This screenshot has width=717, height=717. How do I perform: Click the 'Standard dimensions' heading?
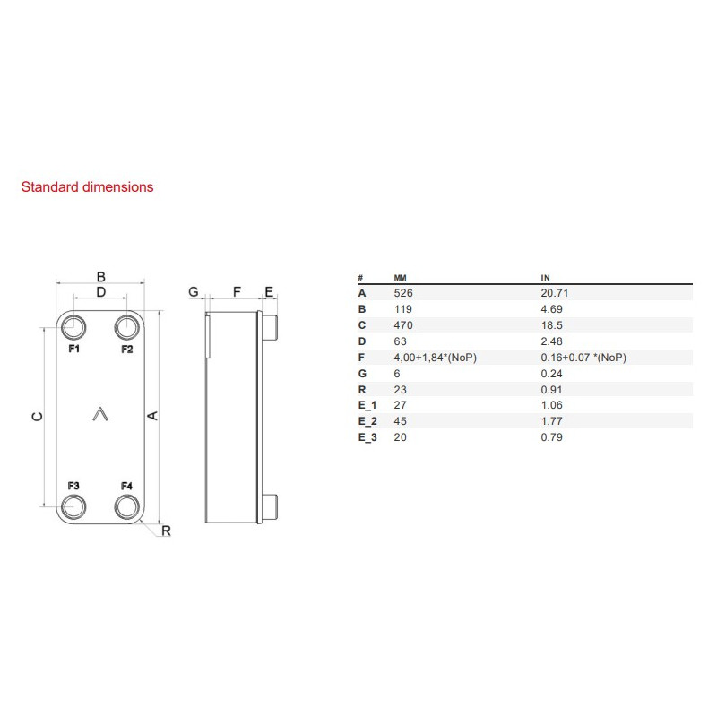point(87,187)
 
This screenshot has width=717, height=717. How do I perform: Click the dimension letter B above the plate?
point(101,276)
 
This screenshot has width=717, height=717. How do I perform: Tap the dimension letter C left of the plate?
point(35,417)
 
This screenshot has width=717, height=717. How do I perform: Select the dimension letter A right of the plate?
point(152,416)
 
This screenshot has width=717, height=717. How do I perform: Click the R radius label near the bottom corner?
point(166,531)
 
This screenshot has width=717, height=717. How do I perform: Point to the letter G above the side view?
point(193,291)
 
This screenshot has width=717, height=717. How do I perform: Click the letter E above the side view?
point(268,291)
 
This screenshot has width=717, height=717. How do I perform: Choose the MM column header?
point(401,278)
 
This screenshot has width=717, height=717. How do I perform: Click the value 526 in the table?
point(402,292)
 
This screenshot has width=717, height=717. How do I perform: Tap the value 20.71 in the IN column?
point(555,292)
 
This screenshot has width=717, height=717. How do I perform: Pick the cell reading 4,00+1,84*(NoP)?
point(434,358)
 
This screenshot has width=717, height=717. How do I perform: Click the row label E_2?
point(367,420)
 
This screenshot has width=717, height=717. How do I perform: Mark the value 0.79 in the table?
point(551,436)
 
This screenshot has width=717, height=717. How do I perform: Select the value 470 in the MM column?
point(402,324)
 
